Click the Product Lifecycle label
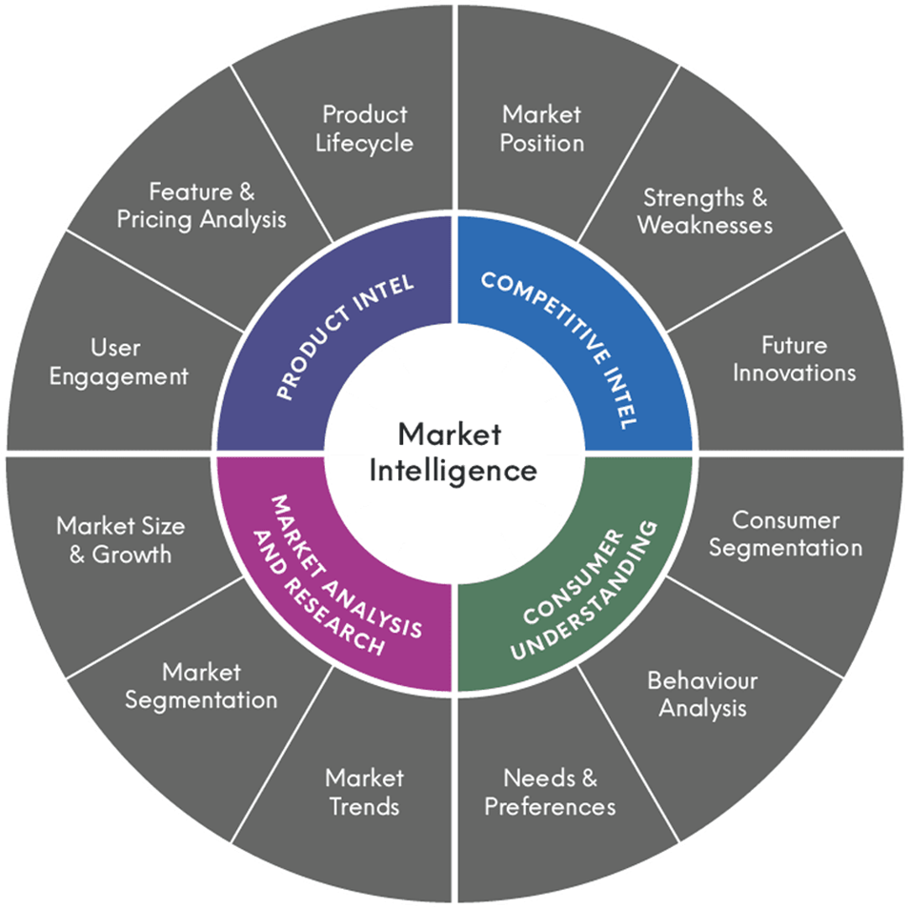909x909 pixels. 365,129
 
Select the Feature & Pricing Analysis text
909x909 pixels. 201,206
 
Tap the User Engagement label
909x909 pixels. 118,362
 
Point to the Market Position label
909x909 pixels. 541,129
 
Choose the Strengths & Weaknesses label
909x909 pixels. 704,212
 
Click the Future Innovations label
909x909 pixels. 794,358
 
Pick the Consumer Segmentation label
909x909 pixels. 785,535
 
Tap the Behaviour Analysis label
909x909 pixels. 702,694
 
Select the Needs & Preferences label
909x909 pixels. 550,792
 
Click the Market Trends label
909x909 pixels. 364,792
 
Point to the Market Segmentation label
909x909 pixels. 201,686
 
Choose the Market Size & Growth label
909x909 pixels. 120,539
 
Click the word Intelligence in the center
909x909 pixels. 454,470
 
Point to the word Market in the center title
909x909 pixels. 450,434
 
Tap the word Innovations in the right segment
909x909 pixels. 794,372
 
